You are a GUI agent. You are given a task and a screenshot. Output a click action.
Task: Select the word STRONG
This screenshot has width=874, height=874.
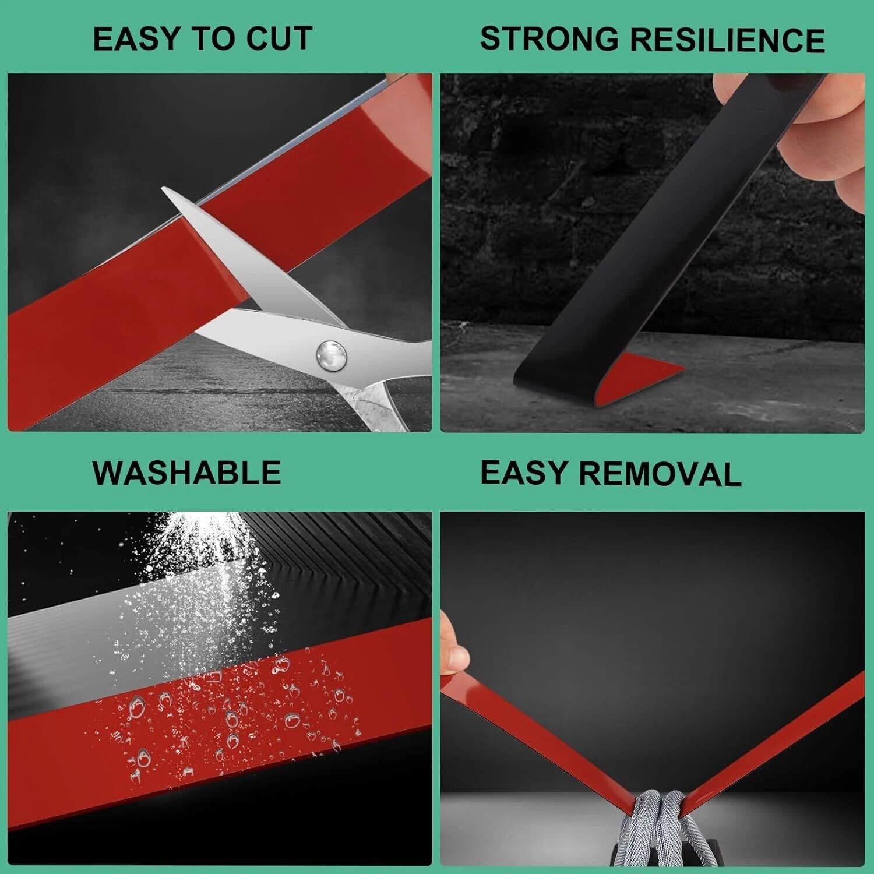[549, 39]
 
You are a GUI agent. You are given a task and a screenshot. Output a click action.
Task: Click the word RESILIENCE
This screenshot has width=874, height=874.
[728, 40]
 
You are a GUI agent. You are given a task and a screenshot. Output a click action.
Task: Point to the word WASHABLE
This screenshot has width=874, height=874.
[187, 473]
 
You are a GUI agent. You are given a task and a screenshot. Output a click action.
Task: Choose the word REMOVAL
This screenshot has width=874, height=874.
[660, 474]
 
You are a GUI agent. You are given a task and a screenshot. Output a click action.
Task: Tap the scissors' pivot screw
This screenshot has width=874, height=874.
[332, 353]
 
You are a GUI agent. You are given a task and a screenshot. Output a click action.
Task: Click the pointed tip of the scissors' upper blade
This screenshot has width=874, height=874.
[163, 188]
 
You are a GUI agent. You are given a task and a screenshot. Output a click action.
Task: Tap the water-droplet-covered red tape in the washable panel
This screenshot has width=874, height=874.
[221, 717]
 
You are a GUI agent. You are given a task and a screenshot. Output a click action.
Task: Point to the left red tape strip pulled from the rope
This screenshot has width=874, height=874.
[536, 740]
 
